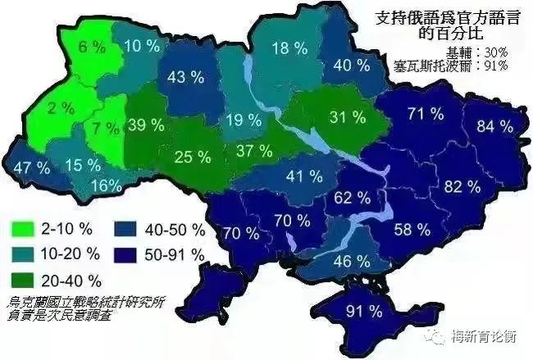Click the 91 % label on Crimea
365,311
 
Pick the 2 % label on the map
60,108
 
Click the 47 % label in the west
32,166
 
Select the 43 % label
185,78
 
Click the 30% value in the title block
495,52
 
